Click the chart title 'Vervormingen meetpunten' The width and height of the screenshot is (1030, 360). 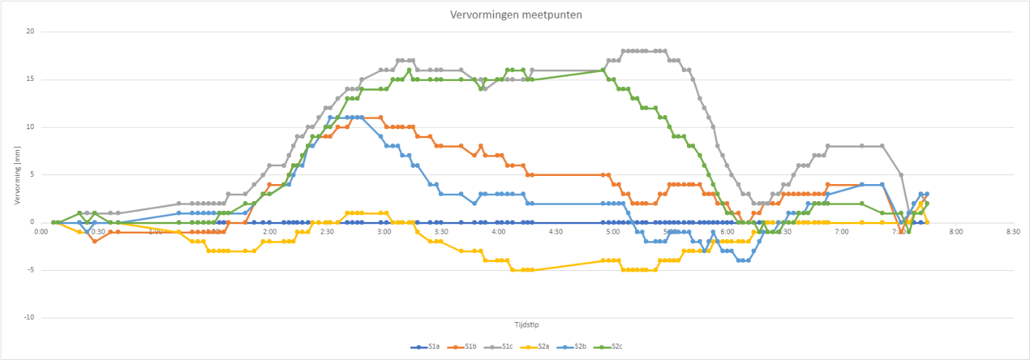pos(515,15)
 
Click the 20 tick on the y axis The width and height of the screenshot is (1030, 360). pos(30,31)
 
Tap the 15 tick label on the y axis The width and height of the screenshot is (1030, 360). pos(30,79)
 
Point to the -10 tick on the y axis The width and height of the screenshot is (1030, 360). pos(28,318)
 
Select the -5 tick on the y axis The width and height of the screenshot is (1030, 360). pos(30,270)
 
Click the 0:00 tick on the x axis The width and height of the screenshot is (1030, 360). pos(42,232)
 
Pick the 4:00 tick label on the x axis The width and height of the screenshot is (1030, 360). pos(498,232)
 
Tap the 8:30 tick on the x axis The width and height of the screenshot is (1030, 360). pos(1013,232)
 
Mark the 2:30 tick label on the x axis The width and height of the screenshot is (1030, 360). pos(327,232)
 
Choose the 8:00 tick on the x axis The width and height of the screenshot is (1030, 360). pos(956,232)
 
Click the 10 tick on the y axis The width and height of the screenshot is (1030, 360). pos(30,127)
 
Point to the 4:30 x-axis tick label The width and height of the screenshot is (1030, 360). pos(555,232)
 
